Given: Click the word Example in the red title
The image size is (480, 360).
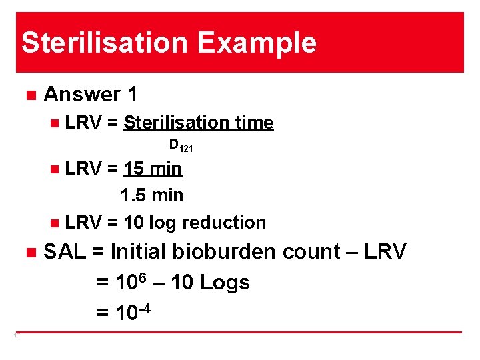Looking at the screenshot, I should point(257,43).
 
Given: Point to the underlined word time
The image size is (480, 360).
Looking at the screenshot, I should point(253,123).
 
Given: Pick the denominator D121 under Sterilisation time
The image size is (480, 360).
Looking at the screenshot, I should point(180,145).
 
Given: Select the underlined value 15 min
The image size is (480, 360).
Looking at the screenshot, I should point(153,169).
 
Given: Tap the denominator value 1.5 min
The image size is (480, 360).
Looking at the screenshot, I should point(151,195).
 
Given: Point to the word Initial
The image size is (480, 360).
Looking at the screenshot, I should point(139,252).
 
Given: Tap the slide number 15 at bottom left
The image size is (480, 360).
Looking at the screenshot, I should point(17,335).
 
